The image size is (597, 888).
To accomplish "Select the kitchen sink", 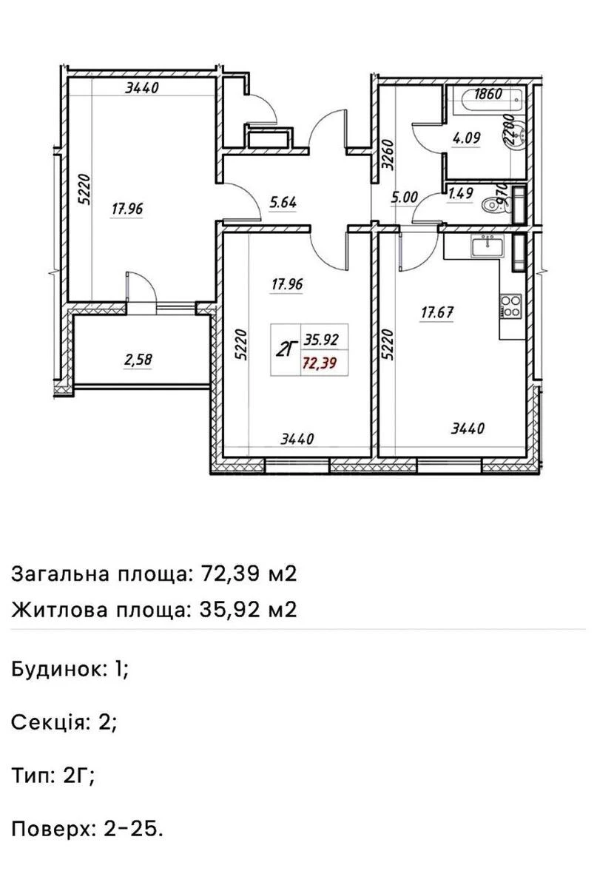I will point(488,246).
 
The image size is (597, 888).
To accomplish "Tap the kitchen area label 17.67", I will point(436,312).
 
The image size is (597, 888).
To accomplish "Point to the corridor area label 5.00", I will point(405,197).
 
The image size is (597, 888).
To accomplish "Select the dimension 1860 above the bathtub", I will point(489,94).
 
